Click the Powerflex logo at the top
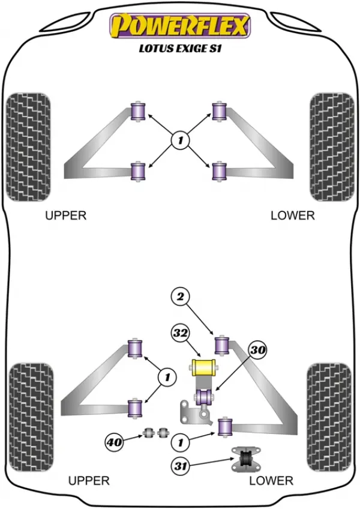[x=180, y=26]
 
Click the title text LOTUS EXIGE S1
[x=180, y=49]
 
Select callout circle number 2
[x=181, y=297]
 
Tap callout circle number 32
[x=181, y=333]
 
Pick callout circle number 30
[x=258, y=350]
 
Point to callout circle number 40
[x=114, y=442]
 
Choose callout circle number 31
[x=181, y=466]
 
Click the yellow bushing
[x=203, y=367]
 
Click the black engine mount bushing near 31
[x=246, y=459]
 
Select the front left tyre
[x=28, y=147]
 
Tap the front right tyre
[x=332, y=147]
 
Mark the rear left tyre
[x=31, y=417]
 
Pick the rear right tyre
[x=329, y=417]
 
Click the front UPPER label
[x=66, y=215]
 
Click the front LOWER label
[x=293, y=215]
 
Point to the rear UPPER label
[x=89, y=481]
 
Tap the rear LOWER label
[x=271, y=481]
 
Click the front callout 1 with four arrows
[x=180, y=140]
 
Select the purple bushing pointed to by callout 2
[x=222, y=346]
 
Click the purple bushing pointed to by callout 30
[x=203, y=397]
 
